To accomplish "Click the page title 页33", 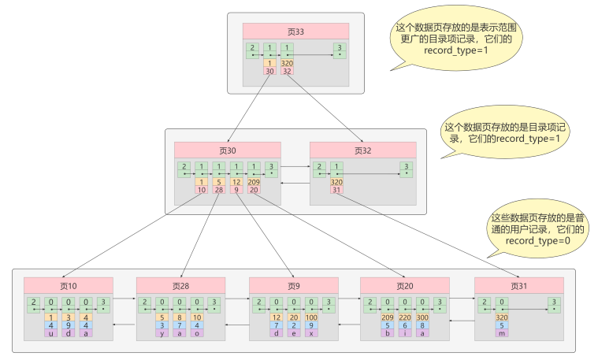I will (296, 32).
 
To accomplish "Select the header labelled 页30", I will (228, 150).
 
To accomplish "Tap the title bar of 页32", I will (363, 150).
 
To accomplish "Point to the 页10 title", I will (69, 285).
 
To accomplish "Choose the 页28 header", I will (181, 285).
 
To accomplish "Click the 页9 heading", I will (294, 285).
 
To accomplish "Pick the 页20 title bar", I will (405, 285).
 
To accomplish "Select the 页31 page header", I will (518, 285).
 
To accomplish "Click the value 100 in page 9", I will (312, 317).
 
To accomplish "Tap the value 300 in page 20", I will (424, 317).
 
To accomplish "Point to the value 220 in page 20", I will (406, 317).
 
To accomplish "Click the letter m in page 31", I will (502, 333).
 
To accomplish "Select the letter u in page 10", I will (50, 333).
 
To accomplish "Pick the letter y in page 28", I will (162, 333).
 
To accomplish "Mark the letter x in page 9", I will (312, 333).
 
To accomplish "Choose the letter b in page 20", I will (388, 333).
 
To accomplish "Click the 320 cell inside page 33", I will (287, 63).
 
